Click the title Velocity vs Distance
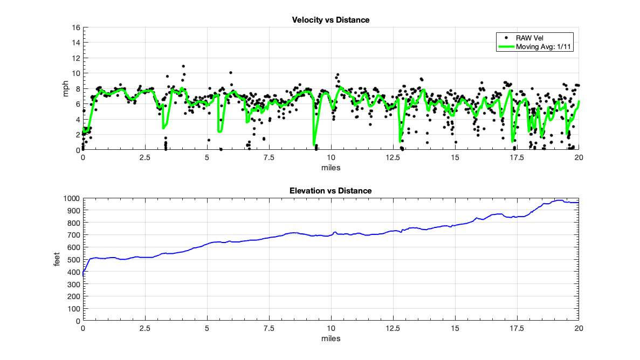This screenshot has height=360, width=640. [x=331, y=20]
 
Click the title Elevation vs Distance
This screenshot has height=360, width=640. [x=331, y=191]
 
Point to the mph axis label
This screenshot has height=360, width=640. [x=66, y=89]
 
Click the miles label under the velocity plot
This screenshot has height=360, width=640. [x=331, y=168]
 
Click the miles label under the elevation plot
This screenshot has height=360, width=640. [x=331, y=338]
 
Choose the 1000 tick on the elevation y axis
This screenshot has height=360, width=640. [x=73, y=198]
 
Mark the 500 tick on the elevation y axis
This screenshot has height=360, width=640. [x=74, y=259]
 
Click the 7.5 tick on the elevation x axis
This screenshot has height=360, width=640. [x=269, y=328]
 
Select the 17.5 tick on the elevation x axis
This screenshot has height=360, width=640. [x=517, y=328]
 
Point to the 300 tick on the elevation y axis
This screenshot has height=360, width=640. [x=74, y=284]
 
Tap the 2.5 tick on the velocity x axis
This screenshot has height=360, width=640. [x=144, y=158]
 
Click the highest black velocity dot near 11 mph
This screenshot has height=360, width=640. [x=183, y=66]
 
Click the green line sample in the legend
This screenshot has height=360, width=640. [x=506, y=47]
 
